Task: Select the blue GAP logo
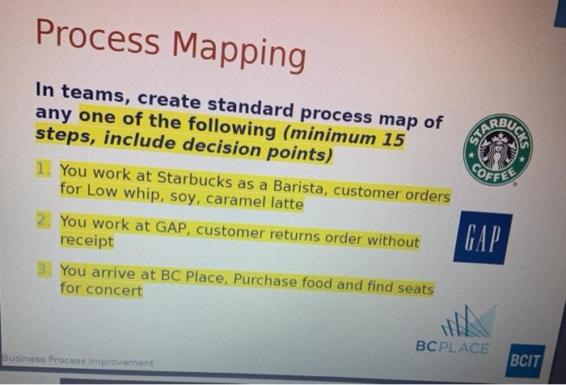click(x=483, y=238)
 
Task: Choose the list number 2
click(x=45, y=220)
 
